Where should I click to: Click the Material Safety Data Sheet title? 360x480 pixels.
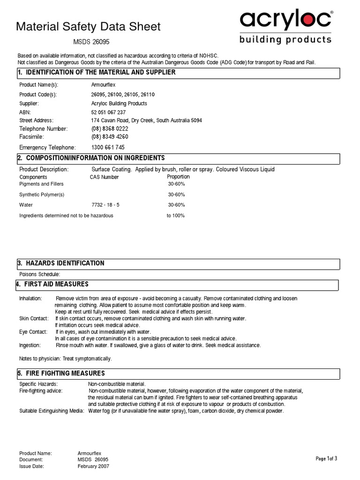tap(88, 27)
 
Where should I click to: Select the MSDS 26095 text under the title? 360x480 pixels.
tap(92, 42)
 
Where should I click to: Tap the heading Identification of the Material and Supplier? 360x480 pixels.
tap(97, 72)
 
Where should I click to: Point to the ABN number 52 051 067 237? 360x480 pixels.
tap(108, 112)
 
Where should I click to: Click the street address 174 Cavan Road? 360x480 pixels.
tap(146, 120)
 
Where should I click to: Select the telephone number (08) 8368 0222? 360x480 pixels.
tap(110, 128)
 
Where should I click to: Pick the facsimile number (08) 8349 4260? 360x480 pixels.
tap(110, 137)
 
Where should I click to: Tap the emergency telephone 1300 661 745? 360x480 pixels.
tap(108, 147)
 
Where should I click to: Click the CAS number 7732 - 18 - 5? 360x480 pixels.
tap(105, 205)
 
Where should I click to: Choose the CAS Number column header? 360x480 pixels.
tap(104, 177)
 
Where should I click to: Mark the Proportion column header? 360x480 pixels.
tap(178, 177)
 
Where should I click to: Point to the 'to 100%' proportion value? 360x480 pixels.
tap(176, 216)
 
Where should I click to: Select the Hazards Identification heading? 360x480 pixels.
tap(61, 263)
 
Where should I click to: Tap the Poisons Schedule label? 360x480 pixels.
tap(39, 274)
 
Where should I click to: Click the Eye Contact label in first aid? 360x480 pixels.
tap(33, 332)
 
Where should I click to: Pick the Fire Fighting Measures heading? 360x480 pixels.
tap(61, 374)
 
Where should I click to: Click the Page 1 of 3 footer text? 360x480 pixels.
tap(326, 458)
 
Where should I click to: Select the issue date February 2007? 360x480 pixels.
tap(93, 467)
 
